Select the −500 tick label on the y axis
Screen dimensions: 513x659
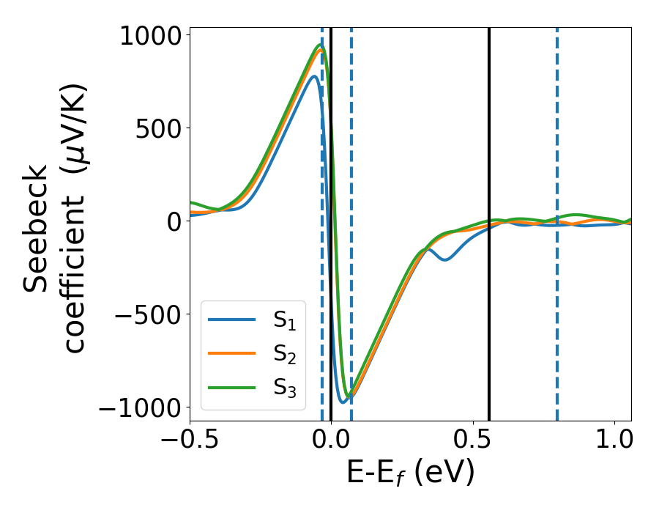click(x=147, y=314)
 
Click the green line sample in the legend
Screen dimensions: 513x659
click(x=232, y=386)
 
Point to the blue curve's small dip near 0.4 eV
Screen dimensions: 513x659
click(x=444, y=259)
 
